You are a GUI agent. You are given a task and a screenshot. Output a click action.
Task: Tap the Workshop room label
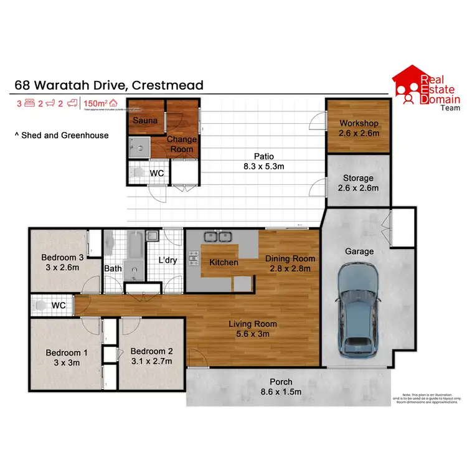pyautogui.click(x=358, y=128)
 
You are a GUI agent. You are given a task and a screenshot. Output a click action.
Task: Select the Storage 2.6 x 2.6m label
pyautogui.click(x=358, y=182)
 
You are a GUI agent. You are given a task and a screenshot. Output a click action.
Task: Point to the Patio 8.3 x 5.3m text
pyautogui.click(x=263, y=161)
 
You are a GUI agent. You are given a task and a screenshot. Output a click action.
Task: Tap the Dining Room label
pyautogui.click(x=290, y=263)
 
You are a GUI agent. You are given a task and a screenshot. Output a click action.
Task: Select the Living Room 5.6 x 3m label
pyautogui.click(x=252, y=329)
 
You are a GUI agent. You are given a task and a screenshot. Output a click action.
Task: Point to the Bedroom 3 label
pyautogui.click(x=62, y=262)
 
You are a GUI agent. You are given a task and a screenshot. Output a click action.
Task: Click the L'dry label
pyautogui.click(x=168, y=260)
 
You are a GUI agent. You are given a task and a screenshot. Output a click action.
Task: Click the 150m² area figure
pyautogui.click(x=96, y=103)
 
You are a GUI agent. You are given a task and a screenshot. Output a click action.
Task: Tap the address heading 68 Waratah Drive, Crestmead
pyautogui.click(x=108, y=85)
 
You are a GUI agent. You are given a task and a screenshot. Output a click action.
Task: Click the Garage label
pyautogui.click(x=359, y=251)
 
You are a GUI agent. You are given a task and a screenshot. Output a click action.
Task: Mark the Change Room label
pyautogui.click(x=181, y=144)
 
